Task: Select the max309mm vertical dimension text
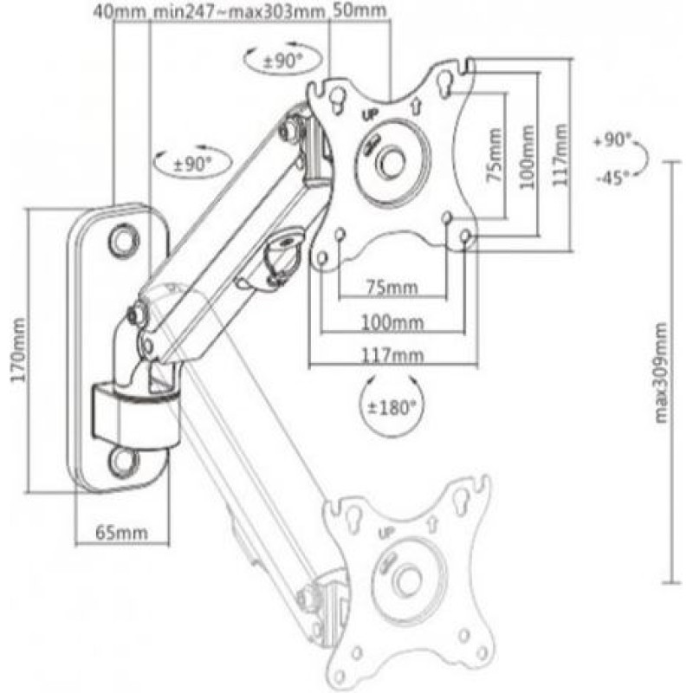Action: tap(661, 372)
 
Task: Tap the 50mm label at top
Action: tap(359, 12)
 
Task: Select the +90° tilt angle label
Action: tap(613, 139)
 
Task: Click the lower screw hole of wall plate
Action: tap(124, 460)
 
